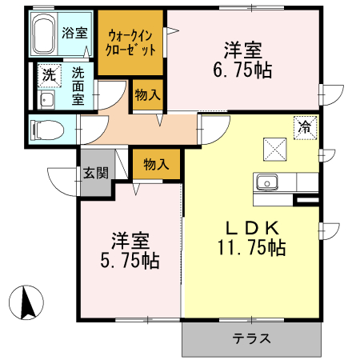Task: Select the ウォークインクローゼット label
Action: click(130, 42)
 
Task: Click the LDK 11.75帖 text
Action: click(251, 238)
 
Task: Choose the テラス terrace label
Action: click(251, 338)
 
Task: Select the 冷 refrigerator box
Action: click(305, 126)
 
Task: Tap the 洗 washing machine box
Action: click(49, 76)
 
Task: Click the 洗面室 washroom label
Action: click(78, 86)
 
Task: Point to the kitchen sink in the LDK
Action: click(267, 182)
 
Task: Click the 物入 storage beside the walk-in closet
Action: click(147, 94)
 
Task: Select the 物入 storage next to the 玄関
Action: click(155, 165)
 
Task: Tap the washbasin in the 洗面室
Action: click(46, 99)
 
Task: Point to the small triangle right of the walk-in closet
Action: click(170, 32)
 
